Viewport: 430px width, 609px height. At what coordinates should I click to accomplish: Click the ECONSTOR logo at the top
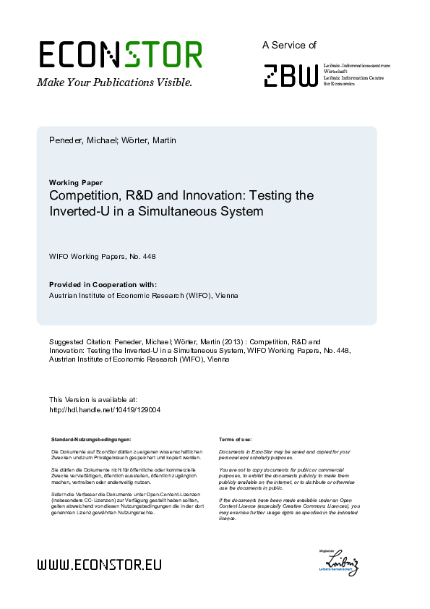tap(120, 55)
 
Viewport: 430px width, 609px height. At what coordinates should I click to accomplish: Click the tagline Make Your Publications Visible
tap(114, 82)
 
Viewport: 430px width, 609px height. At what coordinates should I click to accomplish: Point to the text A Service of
tap(289, 45)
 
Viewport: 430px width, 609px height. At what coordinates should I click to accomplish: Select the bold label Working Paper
tap(75, 182)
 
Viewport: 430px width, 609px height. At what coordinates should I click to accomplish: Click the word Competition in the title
tap(85, 196)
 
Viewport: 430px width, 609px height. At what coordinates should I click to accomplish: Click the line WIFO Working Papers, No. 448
tap(102, 256)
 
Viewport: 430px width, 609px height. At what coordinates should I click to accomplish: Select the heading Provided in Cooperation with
tap(102, 284)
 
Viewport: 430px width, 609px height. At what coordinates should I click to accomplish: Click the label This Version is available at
tap(93, 399)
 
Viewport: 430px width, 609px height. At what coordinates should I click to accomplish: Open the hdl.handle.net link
tap(104, 409)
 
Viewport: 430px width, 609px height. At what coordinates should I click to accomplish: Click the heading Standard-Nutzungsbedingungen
tap(91, 439)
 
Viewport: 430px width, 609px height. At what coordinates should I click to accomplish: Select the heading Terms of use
tap(235, 439)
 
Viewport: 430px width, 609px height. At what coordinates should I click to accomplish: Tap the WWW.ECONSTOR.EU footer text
tap(99, 565)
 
